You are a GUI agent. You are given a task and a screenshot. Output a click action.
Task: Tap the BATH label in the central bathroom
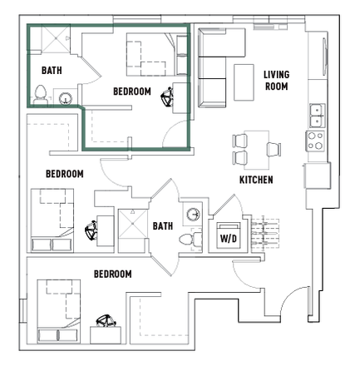161,225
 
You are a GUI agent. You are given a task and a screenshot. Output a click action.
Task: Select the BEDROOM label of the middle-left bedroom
64,175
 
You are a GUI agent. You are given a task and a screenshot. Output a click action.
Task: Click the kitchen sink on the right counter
316,113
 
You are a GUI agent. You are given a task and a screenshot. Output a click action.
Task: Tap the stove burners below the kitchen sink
316,141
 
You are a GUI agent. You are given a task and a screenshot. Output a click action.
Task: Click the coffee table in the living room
244,80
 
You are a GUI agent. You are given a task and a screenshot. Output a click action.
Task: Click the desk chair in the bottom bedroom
106,319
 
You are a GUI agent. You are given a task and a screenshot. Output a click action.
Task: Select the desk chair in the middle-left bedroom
91,225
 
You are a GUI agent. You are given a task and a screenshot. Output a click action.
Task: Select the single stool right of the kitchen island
272,148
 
